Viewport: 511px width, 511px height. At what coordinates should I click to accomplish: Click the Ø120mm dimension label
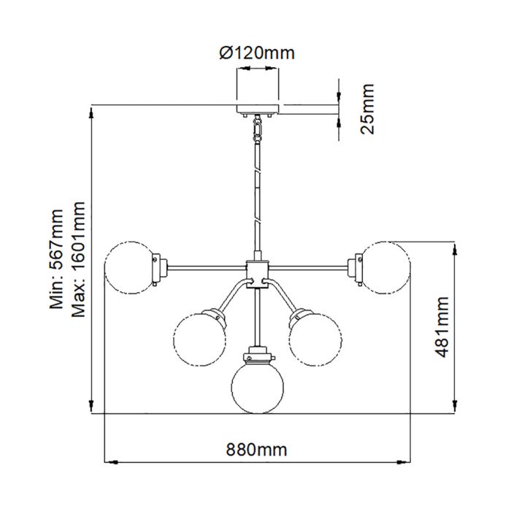[257, 53]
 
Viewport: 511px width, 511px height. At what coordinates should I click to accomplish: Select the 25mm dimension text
[367, 109]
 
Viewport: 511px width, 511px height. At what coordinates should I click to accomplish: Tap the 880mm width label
[255, 450]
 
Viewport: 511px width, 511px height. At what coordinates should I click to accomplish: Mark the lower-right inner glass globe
[315, 338]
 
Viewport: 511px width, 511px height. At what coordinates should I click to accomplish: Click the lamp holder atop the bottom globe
[256, 357]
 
